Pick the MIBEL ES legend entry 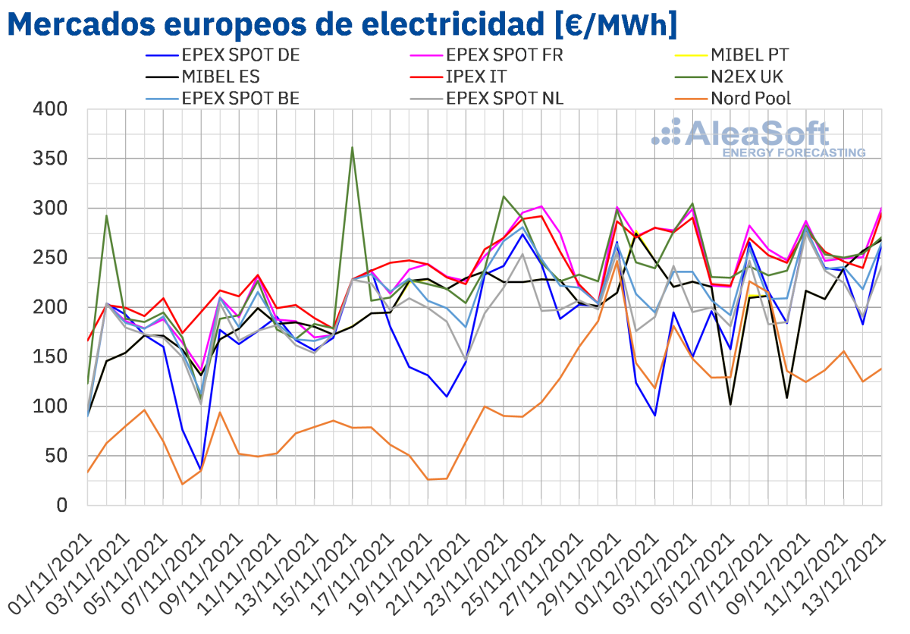(x=221, y=77)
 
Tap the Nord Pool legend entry (x=751, y=98)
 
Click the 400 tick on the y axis (x=52, y=110)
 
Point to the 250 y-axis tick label (x=52, y=258)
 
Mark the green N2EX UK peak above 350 (x=353, y=148)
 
